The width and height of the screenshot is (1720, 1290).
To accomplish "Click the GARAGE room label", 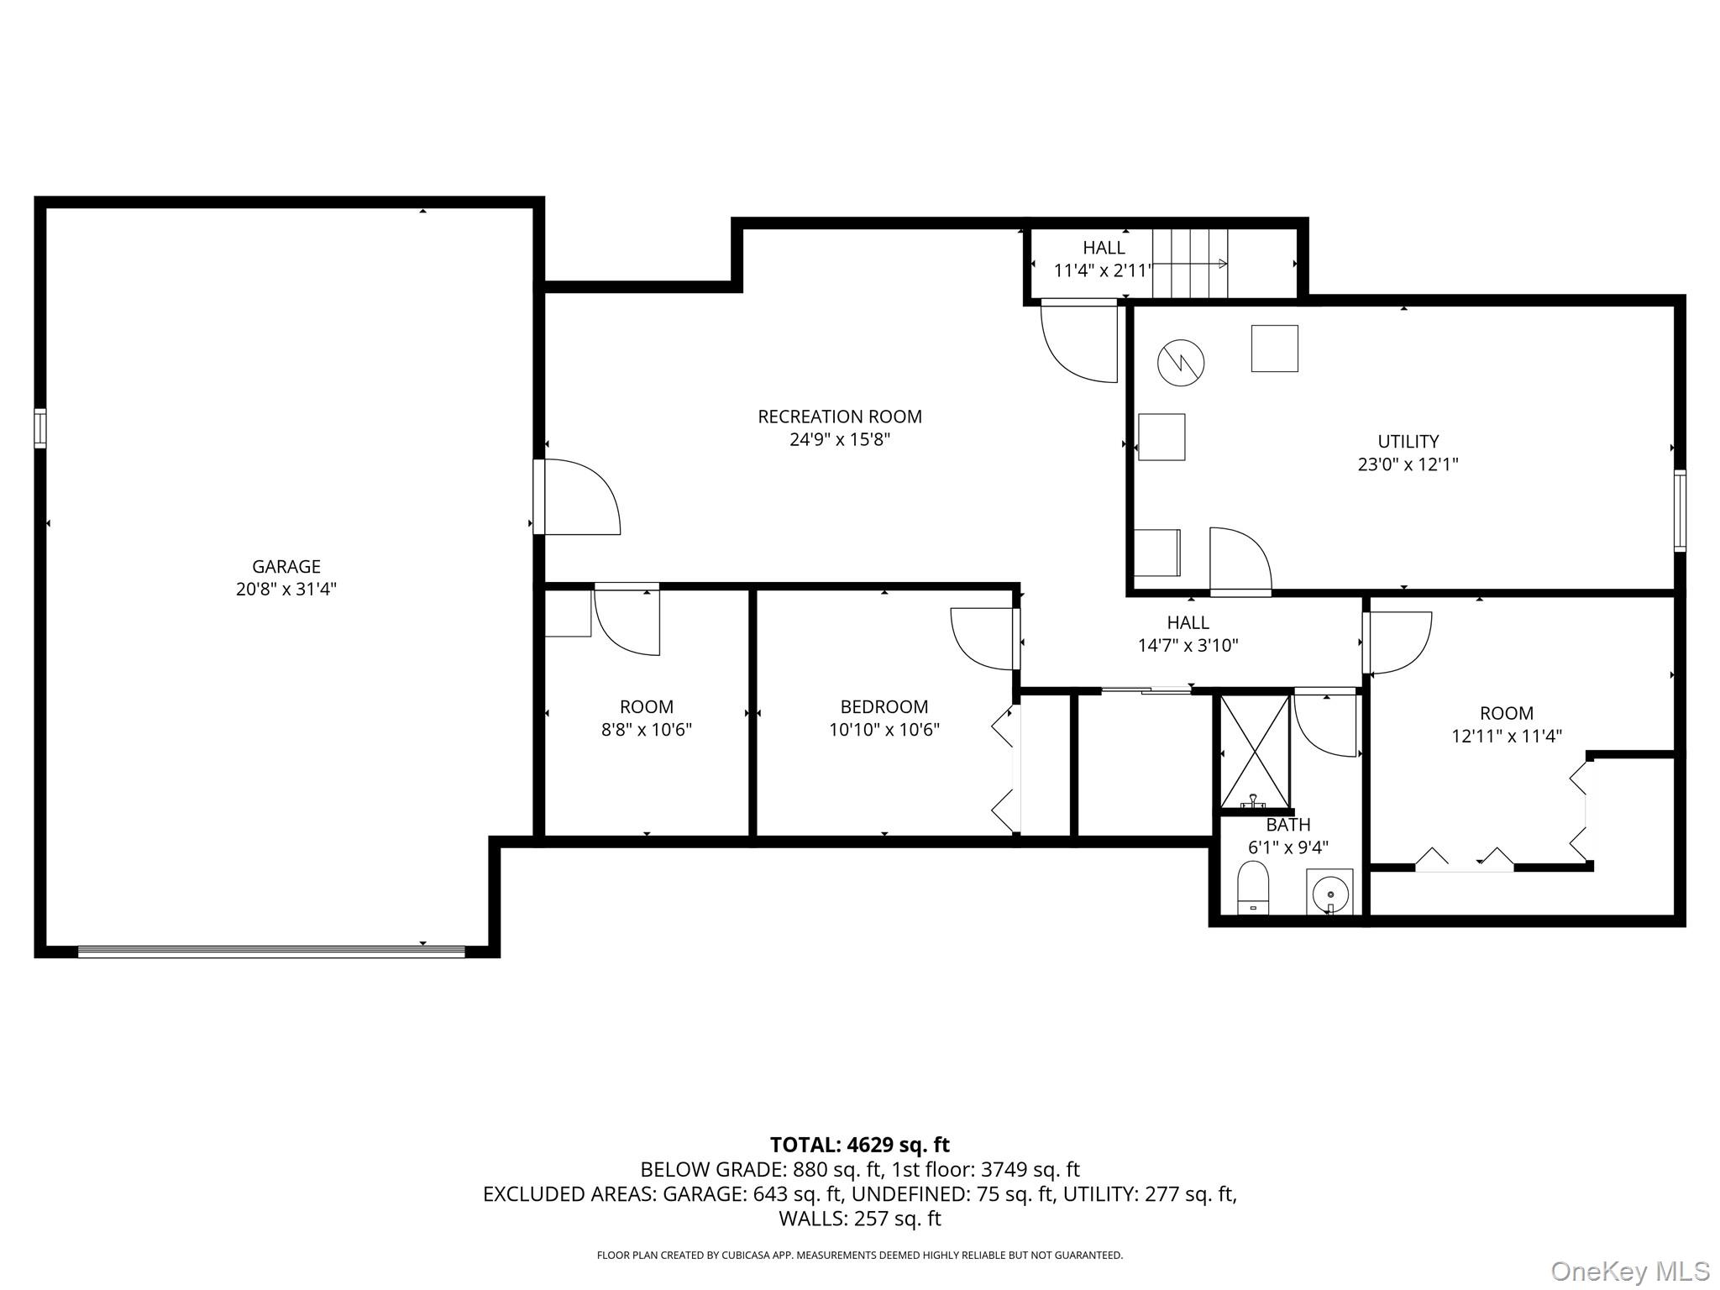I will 286,566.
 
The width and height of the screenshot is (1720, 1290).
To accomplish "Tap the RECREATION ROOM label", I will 839,417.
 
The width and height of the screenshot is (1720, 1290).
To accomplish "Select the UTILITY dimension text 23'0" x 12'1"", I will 1408,464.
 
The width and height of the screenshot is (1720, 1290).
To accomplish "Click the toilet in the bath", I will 1252,888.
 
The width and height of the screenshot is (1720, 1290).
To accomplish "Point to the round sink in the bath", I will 1329,891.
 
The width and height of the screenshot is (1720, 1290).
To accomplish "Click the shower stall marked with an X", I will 1255,751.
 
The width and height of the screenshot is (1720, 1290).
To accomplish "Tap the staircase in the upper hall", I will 1189,264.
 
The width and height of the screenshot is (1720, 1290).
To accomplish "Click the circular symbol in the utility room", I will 1180,363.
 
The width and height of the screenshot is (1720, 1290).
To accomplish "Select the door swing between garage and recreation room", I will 579,497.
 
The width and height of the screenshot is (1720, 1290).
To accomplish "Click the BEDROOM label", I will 884,707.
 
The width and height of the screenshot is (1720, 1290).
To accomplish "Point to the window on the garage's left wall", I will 39,428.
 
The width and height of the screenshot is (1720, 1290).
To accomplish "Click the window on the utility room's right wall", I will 1679,511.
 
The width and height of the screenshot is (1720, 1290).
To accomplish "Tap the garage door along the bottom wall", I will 271,952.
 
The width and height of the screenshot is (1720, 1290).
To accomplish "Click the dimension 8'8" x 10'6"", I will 646,730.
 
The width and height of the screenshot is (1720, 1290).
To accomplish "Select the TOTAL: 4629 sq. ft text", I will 859,1145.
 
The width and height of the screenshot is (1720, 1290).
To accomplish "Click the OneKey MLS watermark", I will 1629,1272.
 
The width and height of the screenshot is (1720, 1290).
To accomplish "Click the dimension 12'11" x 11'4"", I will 1506,737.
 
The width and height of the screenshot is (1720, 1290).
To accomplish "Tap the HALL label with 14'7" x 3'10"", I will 1188,623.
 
